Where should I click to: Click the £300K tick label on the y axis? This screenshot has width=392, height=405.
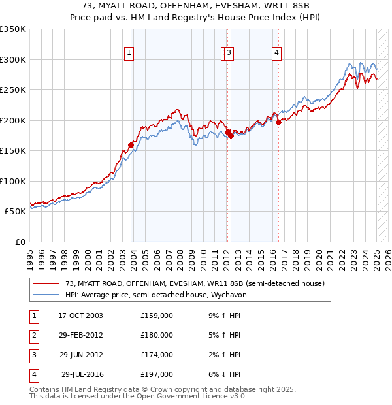(x=13, y=59)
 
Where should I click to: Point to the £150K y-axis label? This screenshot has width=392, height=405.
(x=13, y=150)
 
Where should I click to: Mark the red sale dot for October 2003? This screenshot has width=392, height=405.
(x=131, y=145)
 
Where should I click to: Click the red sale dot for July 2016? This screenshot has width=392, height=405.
(x=278, y=122)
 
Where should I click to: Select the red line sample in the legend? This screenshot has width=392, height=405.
(x=46, y=284)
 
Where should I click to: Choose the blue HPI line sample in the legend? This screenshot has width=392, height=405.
(x=46, y=295)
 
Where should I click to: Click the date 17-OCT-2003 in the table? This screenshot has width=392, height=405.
(x=80, y=316)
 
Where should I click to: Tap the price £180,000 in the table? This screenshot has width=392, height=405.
(x=157, y=335)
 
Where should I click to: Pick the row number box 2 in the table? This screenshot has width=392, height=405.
(x=33, y=335)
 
